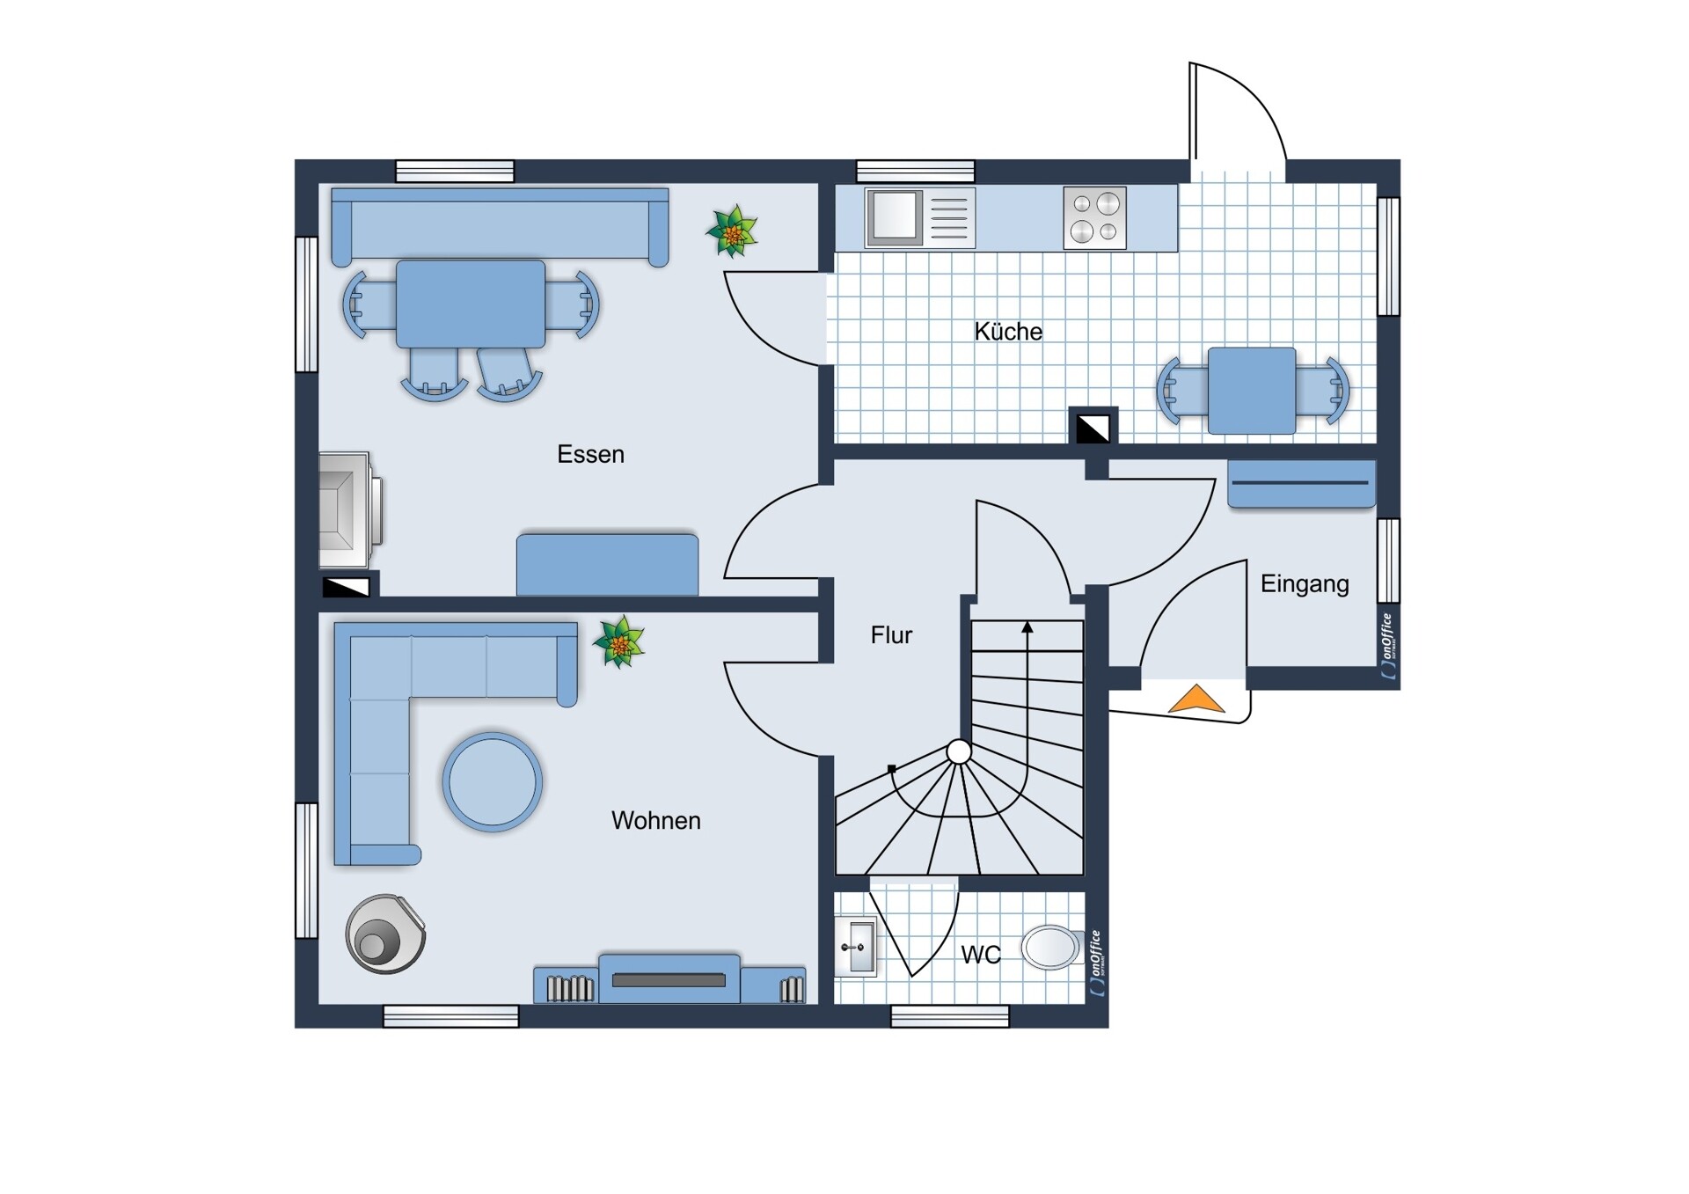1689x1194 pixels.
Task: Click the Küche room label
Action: coord(1008,332)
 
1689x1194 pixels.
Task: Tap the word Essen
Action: coord(590,454)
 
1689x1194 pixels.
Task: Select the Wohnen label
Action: coord(655,820)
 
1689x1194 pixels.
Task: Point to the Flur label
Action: coord(891,634)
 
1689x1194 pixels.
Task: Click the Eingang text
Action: coord(1305,584)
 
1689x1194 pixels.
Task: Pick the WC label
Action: coord(981,955)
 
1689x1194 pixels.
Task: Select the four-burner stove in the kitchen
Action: coord(1094,217)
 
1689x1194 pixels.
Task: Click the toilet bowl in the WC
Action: coord(1052,948)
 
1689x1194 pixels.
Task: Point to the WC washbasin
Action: coord(854,947)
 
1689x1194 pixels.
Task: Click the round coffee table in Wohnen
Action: coord(492,781)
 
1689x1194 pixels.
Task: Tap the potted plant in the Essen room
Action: coord(732,231)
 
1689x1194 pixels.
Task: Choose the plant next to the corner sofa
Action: coord(619,641)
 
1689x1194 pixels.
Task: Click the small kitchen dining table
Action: coord(1251,391)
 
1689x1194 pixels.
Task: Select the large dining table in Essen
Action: coord(471,304)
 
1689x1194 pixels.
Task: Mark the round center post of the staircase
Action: coord(959,751)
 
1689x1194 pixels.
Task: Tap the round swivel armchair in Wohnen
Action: coord(385,934)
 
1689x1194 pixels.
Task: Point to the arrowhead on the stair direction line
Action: coord(1027,627)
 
